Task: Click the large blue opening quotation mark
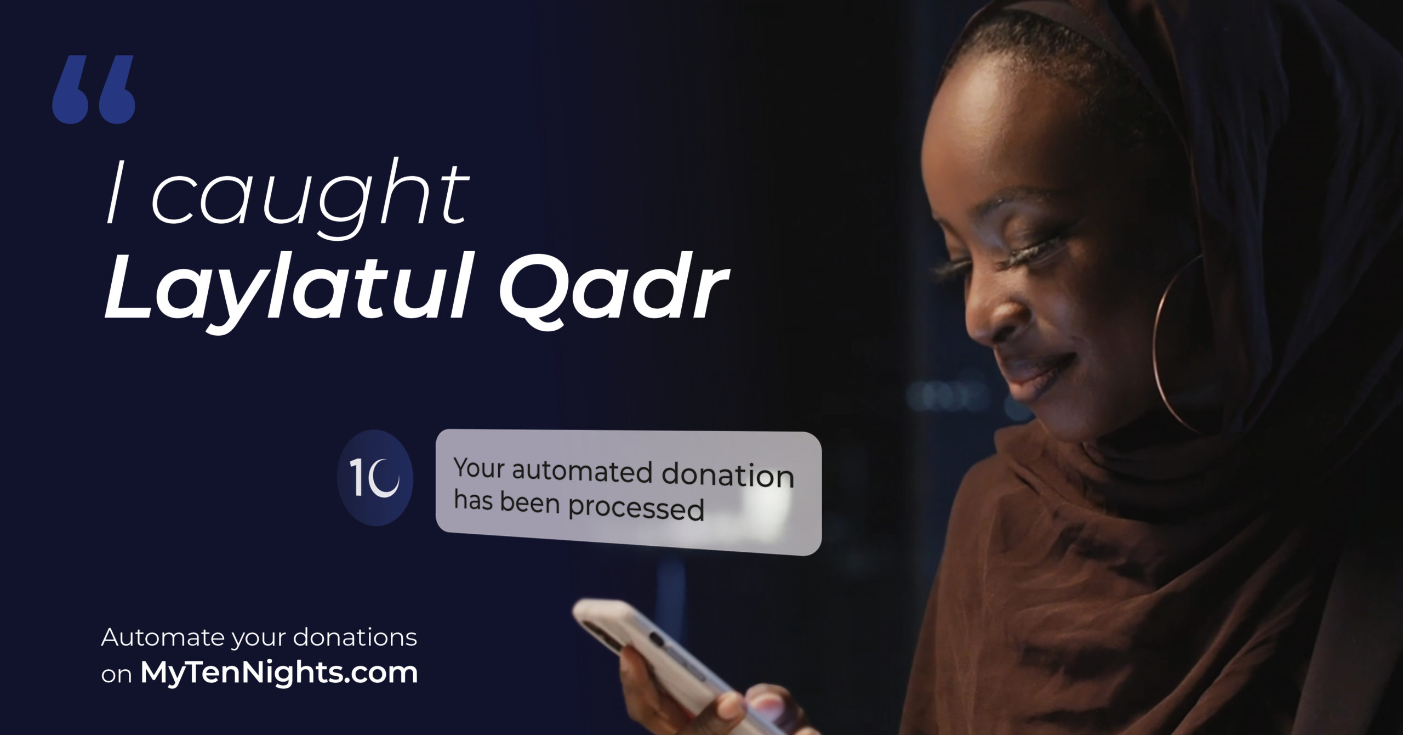tap(94, 89)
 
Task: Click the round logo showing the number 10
tap(375, 478)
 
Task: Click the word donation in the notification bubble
tap(728, 475)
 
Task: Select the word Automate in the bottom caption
tap(163, 638)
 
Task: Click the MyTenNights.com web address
tap(279, 672)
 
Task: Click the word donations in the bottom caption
tap(355, 638)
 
